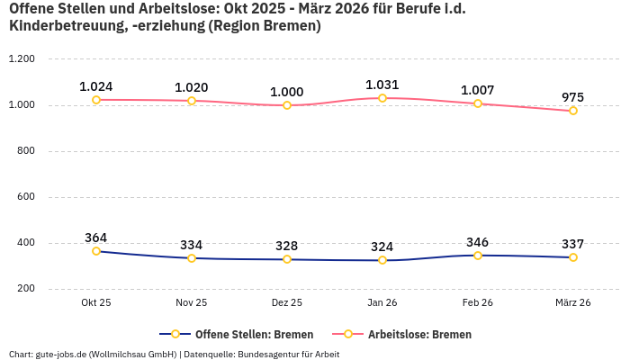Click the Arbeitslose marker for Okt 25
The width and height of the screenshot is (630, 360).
coord(96,100)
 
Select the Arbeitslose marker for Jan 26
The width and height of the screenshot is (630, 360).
coord(382,98)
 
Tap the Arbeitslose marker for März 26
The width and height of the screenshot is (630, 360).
coord(573,111)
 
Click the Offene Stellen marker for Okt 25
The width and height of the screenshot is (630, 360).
coord(96,251)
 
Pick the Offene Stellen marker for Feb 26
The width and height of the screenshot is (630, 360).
coord(478,256)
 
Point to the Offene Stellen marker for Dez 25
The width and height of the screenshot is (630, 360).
coord(287,259)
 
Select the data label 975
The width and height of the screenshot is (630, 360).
coord(573,96)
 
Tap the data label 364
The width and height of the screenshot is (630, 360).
coord(96,238)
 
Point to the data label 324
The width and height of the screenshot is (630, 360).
coord(382,247)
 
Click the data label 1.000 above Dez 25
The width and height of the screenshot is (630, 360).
coord(287,92)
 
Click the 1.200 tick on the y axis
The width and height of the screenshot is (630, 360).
coord(21,59)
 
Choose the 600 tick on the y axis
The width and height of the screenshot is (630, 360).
coord(25,197)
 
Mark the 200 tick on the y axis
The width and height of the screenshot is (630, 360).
coord(25,289)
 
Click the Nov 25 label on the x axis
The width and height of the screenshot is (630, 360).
coord(192,303)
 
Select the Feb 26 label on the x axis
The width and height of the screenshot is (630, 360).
coord(478,303)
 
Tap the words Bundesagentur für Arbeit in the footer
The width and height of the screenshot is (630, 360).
coord(290,354)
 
